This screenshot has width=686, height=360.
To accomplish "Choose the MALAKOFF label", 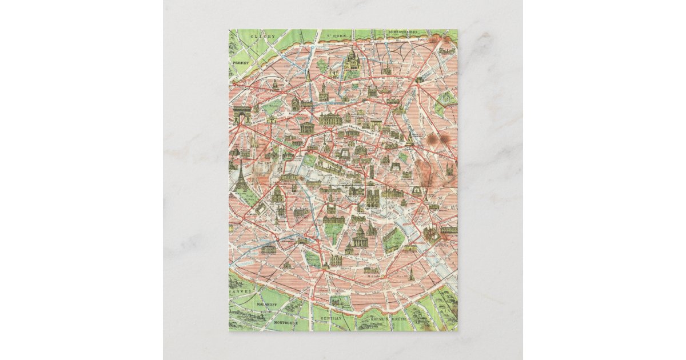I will tap(267, 305).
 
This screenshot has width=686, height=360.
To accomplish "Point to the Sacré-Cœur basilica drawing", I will tap(350, 59).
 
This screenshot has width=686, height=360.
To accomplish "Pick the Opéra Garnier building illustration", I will tap(330, 119).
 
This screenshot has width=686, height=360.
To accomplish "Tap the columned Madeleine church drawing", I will tap(307, 127).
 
